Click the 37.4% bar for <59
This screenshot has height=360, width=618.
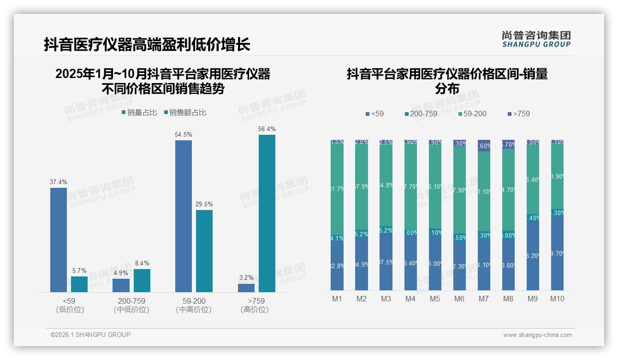point(59,240)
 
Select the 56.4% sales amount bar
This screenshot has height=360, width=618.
point(267,213)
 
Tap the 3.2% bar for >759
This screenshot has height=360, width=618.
point(246,288)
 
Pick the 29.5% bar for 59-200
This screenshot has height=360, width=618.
point(204,251)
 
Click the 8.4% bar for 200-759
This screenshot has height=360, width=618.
point(142,281)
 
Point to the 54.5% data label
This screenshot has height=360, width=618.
point(183,134)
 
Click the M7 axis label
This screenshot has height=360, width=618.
point(483,299)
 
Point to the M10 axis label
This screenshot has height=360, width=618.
point(557,299)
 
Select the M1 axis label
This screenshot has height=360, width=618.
point(337,299)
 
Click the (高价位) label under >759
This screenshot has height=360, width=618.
point(254,310)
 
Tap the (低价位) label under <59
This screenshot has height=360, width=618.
point(70,310)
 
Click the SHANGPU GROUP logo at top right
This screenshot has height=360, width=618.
point(536,39)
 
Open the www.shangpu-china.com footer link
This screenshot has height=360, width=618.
point(537,335)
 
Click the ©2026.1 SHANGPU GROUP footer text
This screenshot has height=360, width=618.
point(90,335)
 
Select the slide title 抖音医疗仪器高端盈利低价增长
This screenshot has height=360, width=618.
point(147,44)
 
